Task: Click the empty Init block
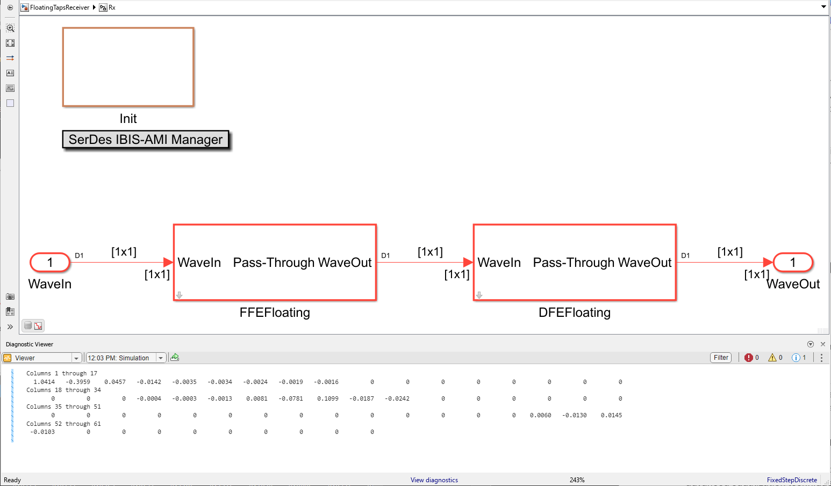tap(128, 67)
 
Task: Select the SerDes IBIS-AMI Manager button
tap(146, 140)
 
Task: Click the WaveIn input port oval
tap(50, 263)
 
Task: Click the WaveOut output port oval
tap(792, 263)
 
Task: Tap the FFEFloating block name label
tap(275, 313)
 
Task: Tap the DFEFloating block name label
tap(574, 313)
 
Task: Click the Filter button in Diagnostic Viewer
tap(721, 358)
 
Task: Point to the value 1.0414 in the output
tap(44, 382)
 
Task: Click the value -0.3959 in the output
tap(78, 382)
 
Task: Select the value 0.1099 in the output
tap(328, 398)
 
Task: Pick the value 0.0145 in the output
tap(611, 415)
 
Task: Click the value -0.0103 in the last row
tap(42, 432)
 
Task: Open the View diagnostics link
tap(434, 480)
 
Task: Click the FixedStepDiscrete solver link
tap(792, 480)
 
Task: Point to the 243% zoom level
tap(577, 480)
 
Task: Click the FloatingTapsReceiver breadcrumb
tap(59, 8)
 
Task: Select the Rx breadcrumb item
tap(112, 8)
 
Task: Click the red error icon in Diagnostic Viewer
tap(749, 358)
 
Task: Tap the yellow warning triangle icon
tap(772, 358)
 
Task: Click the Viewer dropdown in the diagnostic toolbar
tap(42, 358)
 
